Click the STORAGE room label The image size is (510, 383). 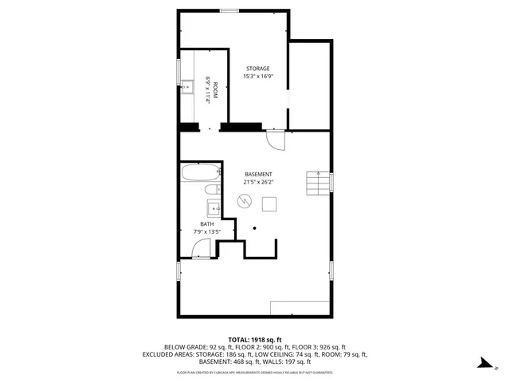click(258, 69)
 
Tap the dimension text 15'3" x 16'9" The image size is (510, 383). click(258, 77)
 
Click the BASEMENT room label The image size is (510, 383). click(258, 174)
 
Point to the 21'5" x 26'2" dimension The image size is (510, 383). click(258, 182)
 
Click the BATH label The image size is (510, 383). click(207, 224)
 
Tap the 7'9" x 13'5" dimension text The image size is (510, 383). click(207, 231)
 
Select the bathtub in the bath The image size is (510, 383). click(199, 173)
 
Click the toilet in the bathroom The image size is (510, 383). click(211, 190)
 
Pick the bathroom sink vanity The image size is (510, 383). click(214, 209)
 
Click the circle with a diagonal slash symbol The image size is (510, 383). click(244, 204)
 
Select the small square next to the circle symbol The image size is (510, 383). click(270, 204)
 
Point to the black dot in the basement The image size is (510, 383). click(255, 228)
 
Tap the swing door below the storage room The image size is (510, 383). click(275, 139)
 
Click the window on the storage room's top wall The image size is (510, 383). click(229, 10)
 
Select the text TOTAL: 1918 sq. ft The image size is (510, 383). click(255, 339)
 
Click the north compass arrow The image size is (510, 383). click(483, 364)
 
